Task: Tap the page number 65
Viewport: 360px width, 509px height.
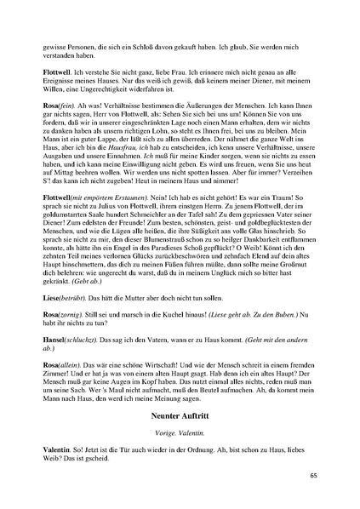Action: (313, 475)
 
